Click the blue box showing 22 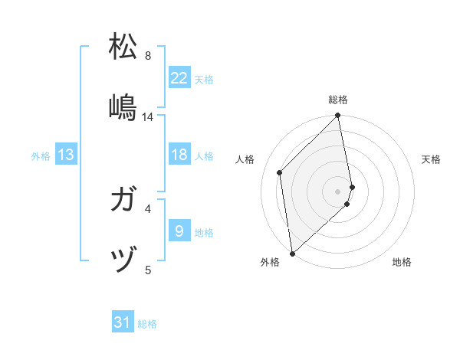pos(179,78)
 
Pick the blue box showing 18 pos(179,155)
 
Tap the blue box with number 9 pos(179,231)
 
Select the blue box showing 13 pos(66,155)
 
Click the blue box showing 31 pos(123,322)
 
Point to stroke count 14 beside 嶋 pos(148,117)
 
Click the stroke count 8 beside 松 pos(148,56)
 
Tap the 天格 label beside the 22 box pos(204,79)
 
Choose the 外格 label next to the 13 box pos(41,155)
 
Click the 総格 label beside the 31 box pos(147,323)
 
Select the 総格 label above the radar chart pos(338,100)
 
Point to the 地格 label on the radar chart pos(402,262)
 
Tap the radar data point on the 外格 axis pos(291,253)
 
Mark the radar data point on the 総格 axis pos(338,116)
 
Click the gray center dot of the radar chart pos(338,191)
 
